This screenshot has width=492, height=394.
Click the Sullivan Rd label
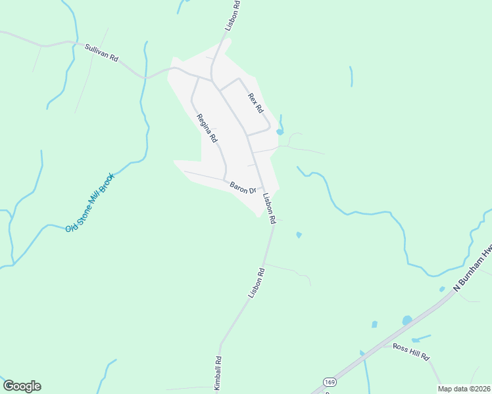(101, 53)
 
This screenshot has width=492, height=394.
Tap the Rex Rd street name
(255, 102)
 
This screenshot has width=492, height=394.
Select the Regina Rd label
(207, 128)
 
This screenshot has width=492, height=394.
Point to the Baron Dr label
(243, 188)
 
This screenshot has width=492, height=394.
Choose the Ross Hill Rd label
(411, 351)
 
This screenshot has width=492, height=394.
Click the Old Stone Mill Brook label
(90, 202)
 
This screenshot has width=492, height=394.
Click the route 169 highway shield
(329, 382)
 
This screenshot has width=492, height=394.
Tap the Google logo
(22, 386)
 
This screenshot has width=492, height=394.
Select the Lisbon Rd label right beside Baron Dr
(269, 209)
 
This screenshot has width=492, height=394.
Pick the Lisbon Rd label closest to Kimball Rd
(257, 282)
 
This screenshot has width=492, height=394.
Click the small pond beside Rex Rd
(280, 131)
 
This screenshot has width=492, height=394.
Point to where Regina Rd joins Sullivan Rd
(198, 77)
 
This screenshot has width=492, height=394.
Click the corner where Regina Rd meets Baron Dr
(226, 180)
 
